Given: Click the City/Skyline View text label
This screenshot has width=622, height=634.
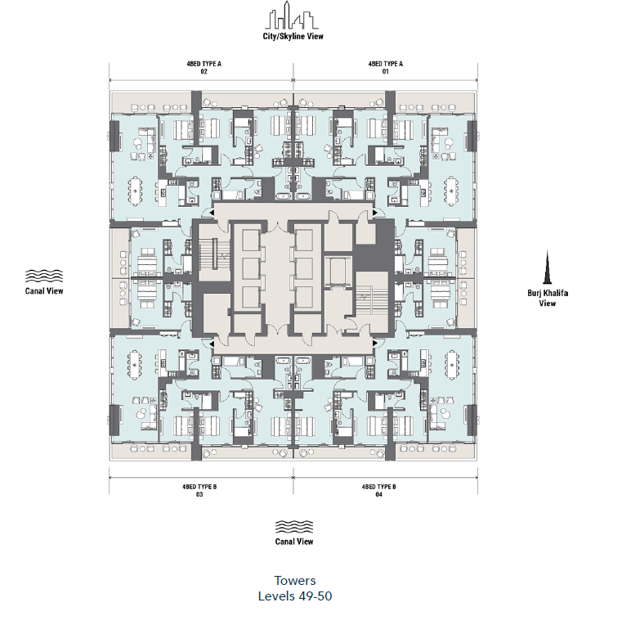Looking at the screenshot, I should (293, 37).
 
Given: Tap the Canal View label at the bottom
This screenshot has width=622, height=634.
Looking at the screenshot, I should (293, 542).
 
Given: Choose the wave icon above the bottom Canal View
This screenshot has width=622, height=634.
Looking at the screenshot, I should (293, 525).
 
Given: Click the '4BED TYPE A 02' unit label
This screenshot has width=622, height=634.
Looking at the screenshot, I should (202, 67).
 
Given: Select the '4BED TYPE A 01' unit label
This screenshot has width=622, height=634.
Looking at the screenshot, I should (385, 67).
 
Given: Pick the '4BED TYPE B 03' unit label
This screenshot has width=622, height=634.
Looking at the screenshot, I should (200, 490).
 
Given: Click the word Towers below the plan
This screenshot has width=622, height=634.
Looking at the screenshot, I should (294, 581).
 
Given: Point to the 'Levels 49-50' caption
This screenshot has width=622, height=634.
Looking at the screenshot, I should (294, 596).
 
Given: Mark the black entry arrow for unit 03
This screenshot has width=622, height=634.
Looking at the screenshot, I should (213, 344).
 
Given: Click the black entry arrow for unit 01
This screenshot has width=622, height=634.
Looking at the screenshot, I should (375, 213).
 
